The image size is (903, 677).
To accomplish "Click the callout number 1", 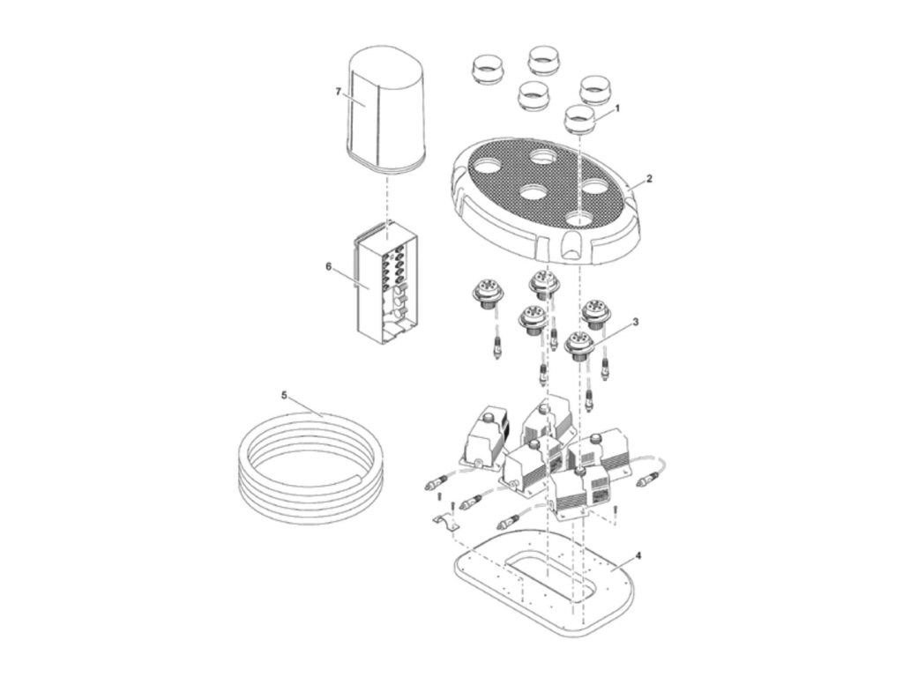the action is pos(617,108).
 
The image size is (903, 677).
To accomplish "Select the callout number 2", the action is pos(649,179).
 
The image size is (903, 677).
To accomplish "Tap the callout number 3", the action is pos(635,322).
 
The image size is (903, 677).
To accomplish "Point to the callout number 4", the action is pos(638,556).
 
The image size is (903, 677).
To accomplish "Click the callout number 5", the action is pos(283,396).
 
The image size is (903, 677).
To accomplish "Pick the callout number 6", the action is pos(328,266).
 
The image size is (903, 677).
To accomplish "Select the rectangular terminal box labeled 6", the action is pos(384,286).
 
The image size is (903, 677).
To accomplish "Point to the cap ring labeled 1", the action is pos(578,119).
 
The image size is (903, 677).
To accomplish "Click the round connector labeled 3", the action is pos(578,346).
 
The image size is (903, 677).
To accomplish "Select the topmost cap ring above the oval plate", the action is pos(541,60).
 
